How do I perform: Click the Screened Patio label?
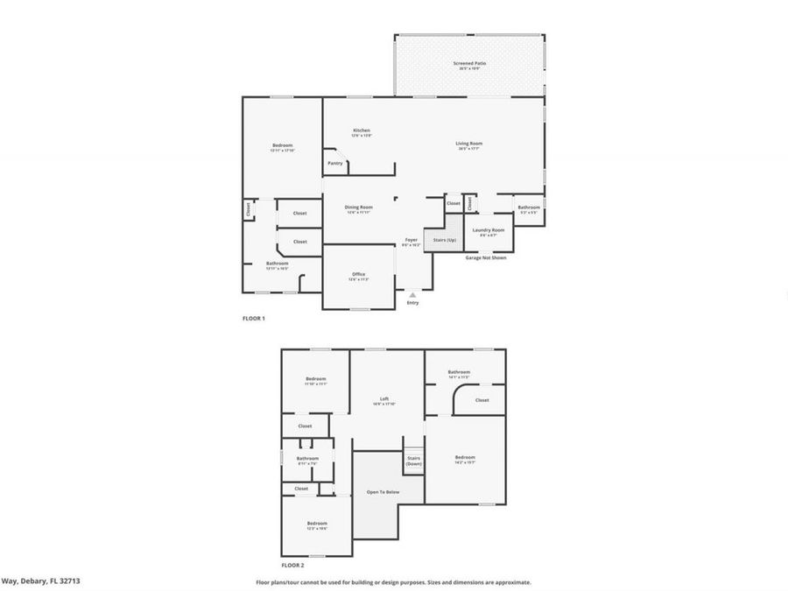(x=469, y=64)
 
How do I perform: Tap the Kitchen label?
(x=362, y=131)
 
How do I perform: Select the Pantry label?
(x=335, y=163)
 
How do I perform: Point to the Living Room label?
(x=469, y=144)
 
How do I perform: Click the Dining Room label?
(x=359, y=208)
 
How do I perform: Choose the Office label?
(x=359, y=275)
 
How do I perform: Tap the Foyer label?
(x=412, y=241)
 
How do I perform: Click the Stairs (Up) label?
(x=445, y=240)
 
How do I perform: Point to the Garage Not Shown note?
(x=485, y=257)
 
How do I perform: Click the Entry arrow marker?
(x=412, y=295)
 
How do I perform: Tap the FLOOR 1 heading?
(x=253, y=319)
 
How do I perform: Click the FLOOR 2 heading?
(x=292, y=566)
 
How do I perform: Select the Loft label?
(x=384, y=399)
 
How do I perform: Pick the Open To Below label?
(x=383, y=492)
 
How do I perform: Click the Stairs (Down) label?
(x=413, y=461)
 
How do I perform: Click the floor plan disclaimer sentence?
(x=393, y=581)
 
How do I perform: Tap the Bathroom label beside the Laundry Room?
(x=529, y=208)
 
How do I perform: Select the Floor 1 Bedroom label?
(x=282, y=146)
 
